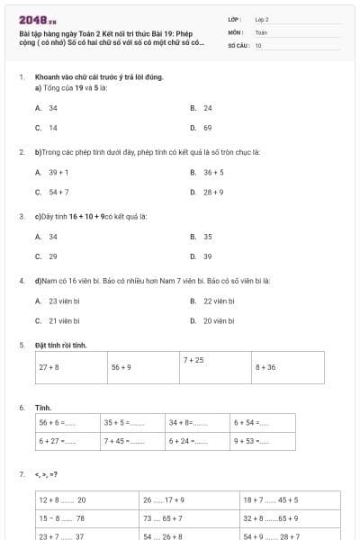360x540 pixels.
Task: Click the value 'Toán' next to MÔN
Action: (x=261, y=31)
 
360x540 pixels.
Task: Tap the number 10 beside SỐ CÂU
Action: (x=258, y=45)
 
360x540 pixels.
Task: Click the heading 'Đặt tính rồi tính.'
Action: (x=60, y=345)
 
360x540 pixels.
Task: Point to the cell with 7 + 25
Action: (x=193, y=360)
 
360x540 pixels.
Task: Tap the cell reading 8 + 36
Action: (x=265, y=367)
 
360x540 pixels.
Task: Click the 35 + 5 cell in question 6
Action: (x=117, y=422)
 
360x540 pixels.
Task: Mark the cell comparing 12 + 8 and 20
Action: (x=63, y=499)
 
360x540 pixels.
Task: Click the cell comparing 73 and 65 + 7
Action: (x=163, y=518)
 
